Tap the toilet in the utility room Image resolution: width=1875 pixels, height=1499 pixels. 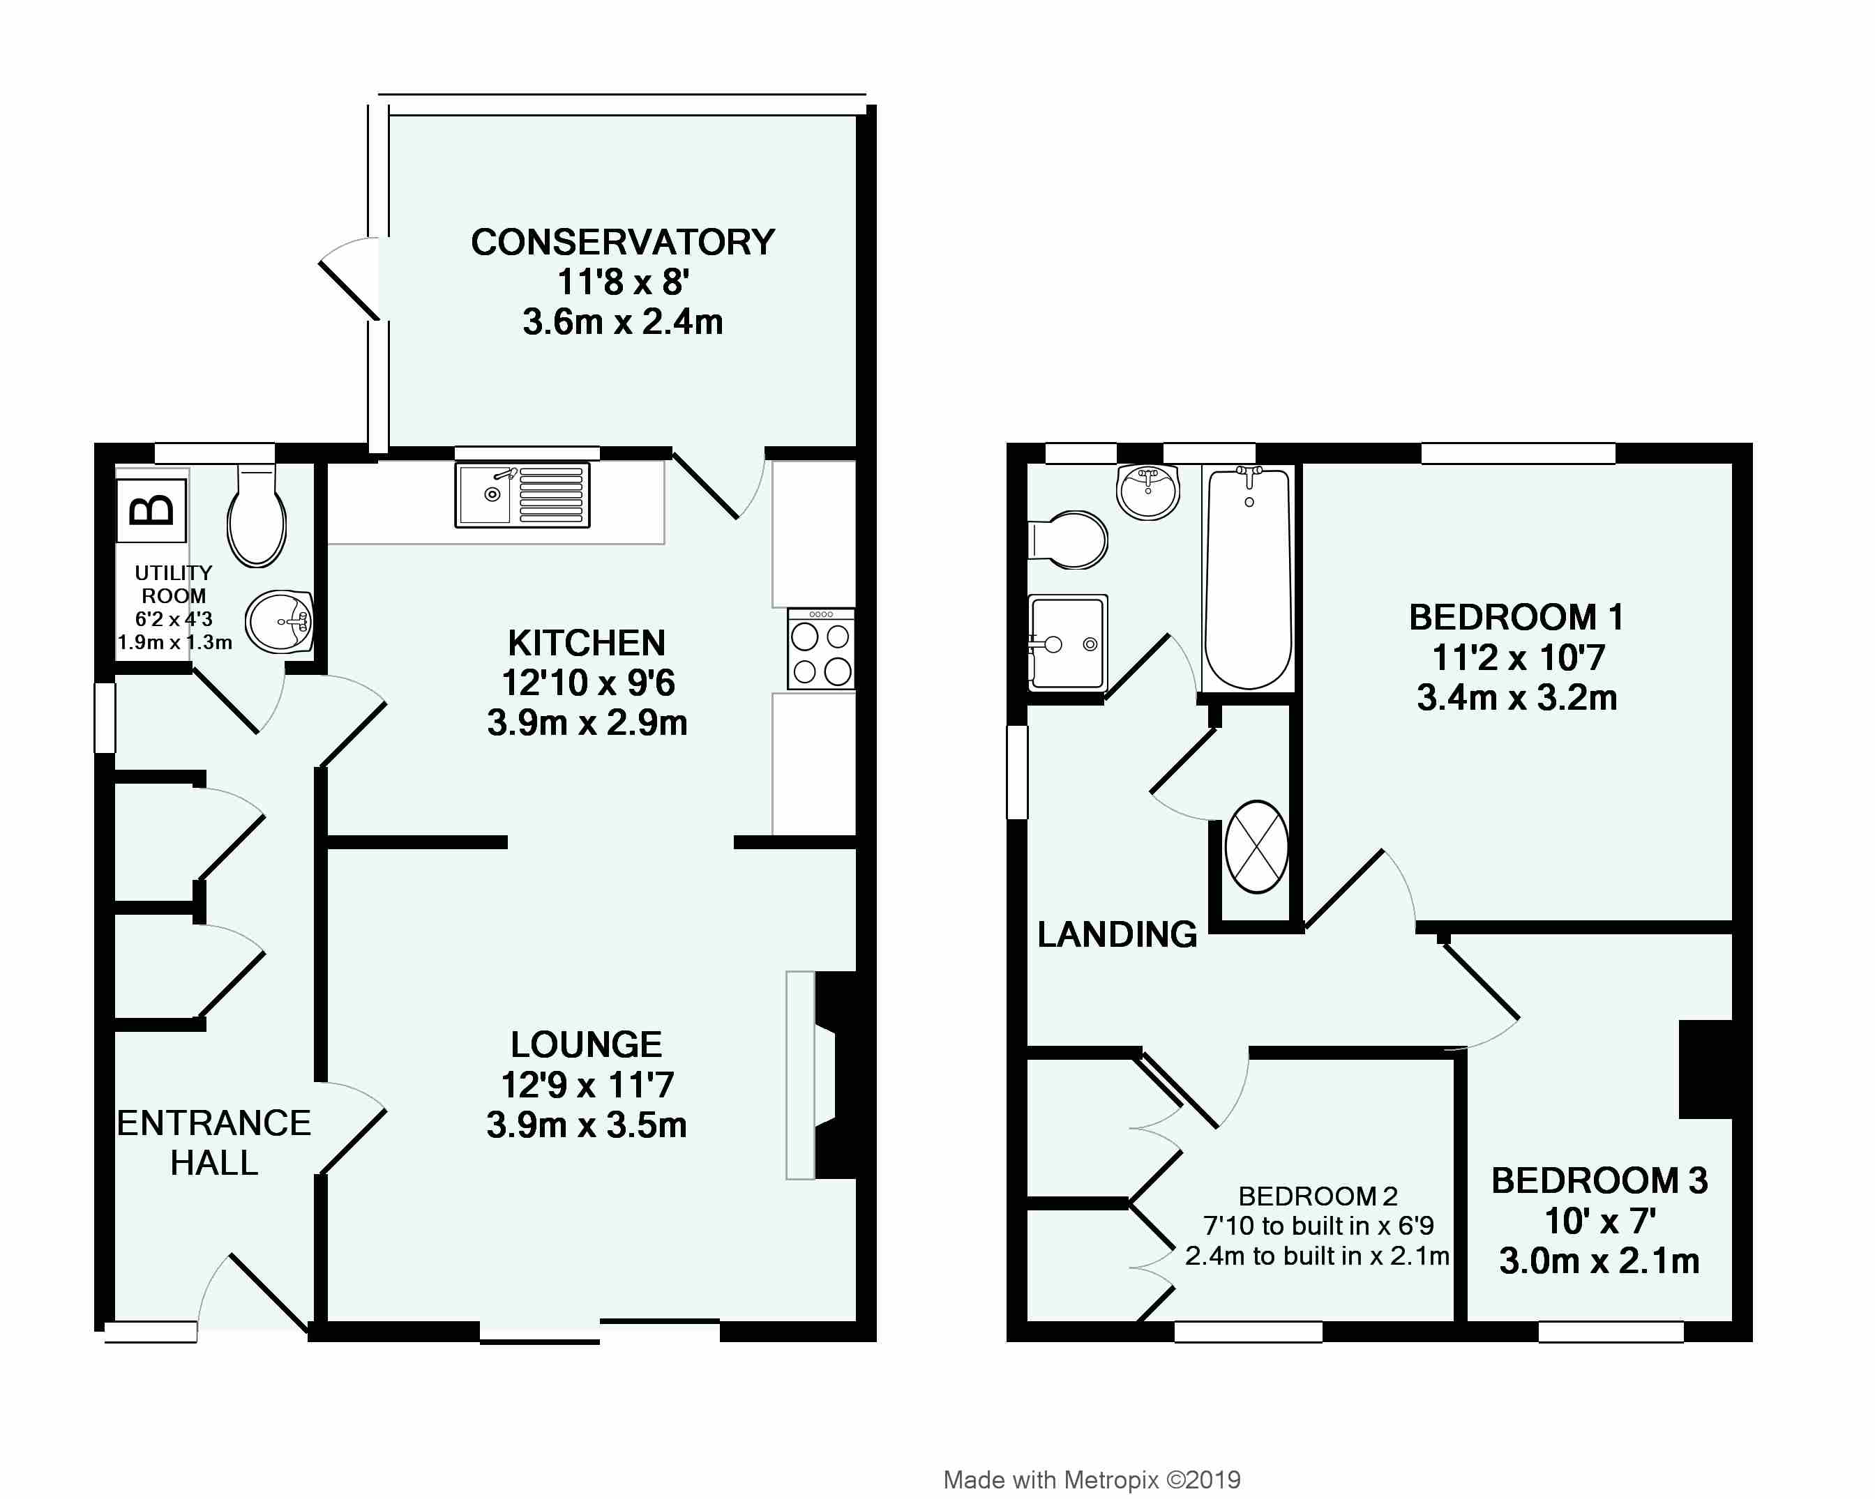[257, 520]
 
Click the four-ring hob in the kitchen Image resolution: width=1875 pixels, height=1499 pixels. [821, 648]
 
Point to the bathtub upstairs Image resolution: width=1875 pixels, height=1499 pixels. [1248, 578]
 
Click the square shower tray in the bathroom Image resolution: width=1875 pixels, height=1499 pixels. [1067, 644]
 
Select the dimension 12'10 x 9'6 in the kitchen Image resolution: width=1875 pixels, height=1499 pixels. [588, 683]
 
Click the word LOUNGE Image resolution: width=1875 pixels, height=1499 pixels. [586, 1044]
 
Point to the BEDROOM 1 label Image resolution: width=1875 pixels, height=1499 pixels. [1516, 617]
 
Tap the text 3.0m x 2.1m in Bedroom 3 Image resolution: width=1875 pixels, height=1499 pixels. [1599, 1261]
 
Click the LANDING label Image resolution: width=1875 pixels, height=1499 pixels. [1117, 935]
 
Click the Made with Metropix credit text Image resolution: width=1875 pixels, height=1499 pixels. [1092, 1480]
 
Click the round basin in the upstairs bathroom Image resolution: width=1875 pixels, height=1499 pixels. [1148, 492]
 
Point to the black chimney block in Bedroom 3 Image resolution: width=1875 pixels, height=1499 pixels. [1705, 1069]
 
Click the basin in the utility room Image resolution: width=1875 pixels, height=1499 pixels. [279, 623]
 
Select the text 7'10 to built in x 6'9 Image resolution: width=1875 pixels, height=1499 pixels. [1318, 1226]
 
